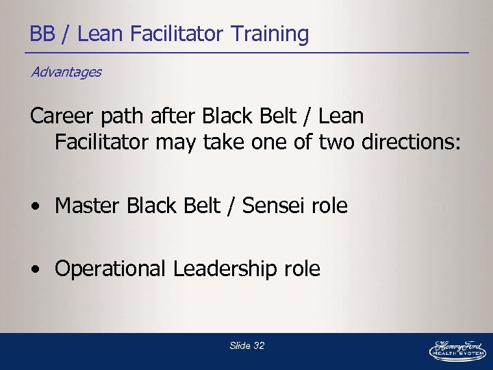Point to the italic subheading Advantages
pyautogui.click(x=66, y=72)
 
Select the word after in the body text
pyautogui.click(x=173, y=116)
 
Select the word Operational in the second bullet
pyautogui.click(x=110, y=269)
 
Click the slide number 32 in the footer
pyautogui.click(x=258, y=346)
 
